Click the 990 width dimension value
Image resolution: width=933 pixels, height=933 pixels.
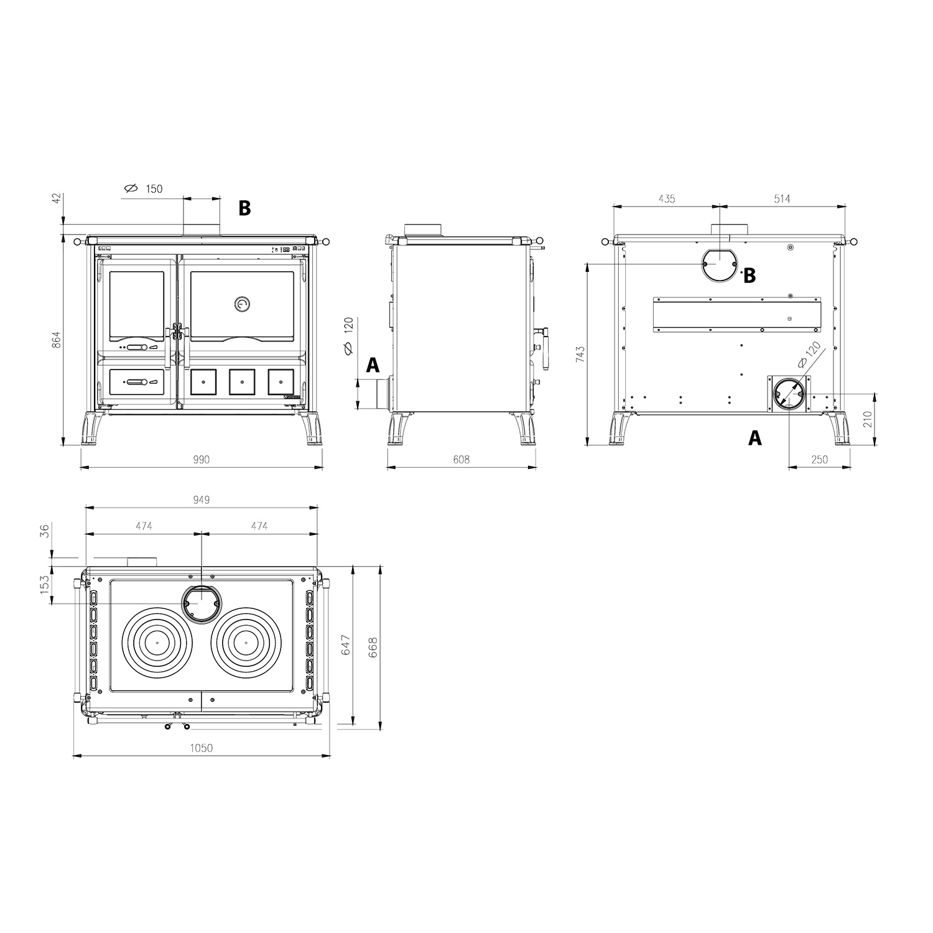click(x=201, y=460)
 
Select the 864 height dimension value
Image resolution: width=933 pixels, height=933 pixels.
click(x=56, y=340)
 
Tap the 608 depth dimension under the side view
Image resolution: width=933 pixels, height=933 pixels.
click(x=461, y=460)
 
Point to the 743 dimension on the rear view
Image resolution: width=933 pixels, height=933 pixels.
click(x=580, y=355)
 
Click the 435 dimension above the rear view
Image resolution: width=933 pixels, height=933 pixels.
click(x=666, y=199)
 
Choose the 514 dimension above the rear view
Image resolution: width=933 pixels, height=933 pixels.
click(x=782, y=199)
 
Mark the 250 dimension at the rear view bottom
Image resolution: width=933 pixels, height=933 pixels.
click(x=820, y=460)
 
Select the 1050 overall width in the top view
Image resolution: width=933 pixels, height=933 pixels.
click(x=201, y=748)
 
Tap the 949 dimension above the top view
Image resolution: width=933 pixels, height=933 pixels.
click(x=201, y=499)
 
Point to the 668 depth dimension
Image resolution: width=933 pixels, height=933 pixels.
click(x=373, y=647)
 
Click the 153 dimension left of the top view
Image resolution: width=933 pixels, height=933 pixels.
click(x=45, y=585)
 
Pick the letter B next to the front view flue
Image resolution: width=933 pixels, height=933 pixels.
click(x=244, y=208)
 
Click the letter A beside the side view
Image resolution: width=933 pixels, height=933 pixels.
click(x=373, y=365)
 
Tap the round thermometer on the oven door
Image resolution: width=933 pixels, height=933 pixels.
click(x=241, y=304)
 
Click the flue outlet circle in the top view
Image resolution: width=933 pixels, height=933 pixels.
click(x=200, y=603)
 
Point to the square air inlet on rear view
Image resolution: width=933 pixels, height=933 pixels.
click(x=789, y=394)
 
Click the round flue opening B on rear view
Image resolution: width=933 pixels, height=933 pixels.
click(x=719, y=264)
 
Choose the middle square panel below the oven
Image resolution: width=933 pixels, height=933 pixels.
click(x=242, y=382)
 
